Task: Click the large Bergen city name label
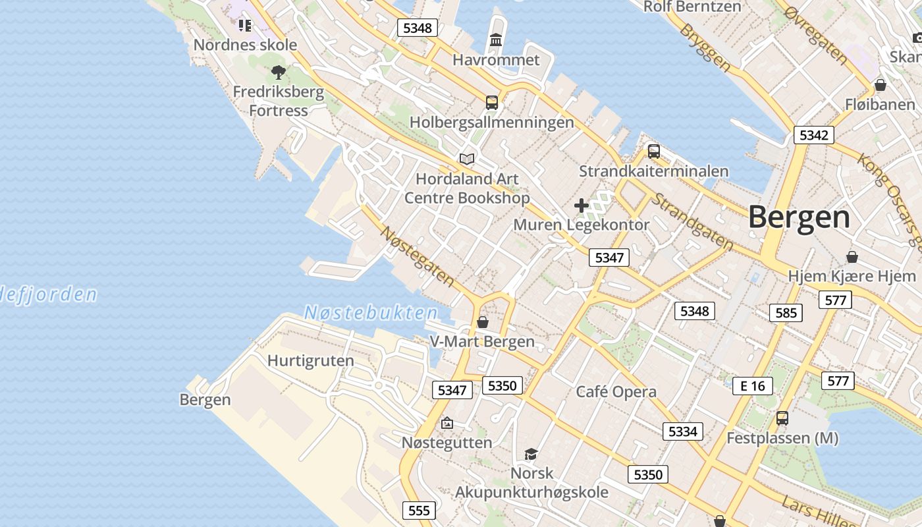coord(799,217)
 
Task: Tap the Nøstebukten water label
coord(371,313)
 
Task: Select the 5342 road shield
coord(813,135)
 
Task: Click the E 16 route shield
coord(752,385)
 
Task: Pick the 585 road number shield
coord(786,313)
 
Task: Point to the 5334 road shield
coord(682,431)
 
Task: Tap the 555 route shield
coord(419,511)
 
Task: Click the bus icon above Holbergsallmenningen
coord(492,102)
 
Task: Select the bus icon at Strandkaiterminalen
coord(653,151)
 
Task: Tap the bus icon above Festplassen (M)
coord(782,418)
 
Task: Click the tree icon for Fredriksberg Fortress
coord(278,72)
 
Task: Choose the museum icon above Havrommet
coord(496,40)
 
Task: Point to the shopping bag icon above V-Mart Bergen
coord(483,322)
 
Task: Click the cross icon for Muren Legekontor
coord(581,206)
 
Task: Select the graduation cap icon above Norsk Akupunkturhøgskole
coord(531,453)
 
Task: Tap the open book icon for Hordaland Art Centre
coord(467,159)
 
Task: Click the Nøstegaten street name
coord(418,256)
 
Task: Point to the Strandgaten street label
coord(692,222)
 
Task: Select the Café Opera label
coord(616,392)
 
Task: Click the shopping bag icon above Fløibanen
coord(880,85)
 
